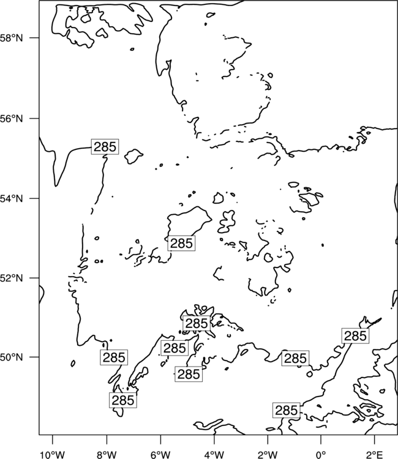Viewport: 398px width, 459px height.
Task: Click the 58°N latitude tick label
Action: point(12,38)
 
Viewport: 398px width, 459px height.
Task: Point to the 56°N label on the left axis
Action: point(12,119)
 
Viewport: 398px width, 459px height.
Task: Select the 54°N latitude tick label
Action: point(12,199)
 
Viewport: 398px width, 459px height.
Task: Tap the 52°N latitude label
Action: point(12,278)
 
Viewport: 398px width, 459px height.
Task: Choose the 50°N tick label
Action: point(12,357)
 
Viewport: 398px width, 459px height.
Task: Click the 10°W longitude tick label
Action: point(53,455)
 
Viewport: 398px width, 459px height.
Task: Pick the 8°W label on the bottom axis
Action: point(107,455)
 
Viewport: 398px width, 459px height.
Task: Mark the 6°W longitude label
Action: point(160,455)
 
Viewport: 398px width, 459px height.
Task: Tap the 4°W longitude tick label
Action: point(214,455)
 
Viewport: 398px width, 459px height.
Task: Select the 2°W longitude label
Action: point(268,455)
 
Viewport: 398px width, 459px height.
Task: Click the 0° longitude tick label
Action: point(321,455)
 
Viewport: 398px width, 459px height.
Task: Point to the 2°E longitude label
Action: point(375,455)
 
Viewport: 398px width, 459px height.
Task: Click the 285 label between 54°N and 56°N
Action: point(105,147)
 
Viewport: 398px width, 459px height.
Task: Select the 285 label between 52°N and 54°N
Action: point(181,243)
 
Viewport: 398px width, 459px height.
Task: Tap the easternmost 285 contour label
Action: point(355,336)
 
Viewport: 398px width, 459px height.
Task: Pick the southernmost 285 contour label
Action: point(287,411)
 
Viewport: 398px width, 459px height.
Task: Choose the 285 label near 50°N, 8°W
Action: point(114,357)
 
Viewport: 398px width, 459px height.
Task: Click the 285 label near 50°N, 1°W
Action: point(295,358)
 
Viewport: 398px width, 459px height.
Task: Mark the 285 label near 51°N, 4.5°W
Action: point(197,324)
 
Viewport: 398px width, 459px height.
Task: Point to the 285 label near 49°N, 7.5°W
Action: point(123,400)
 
